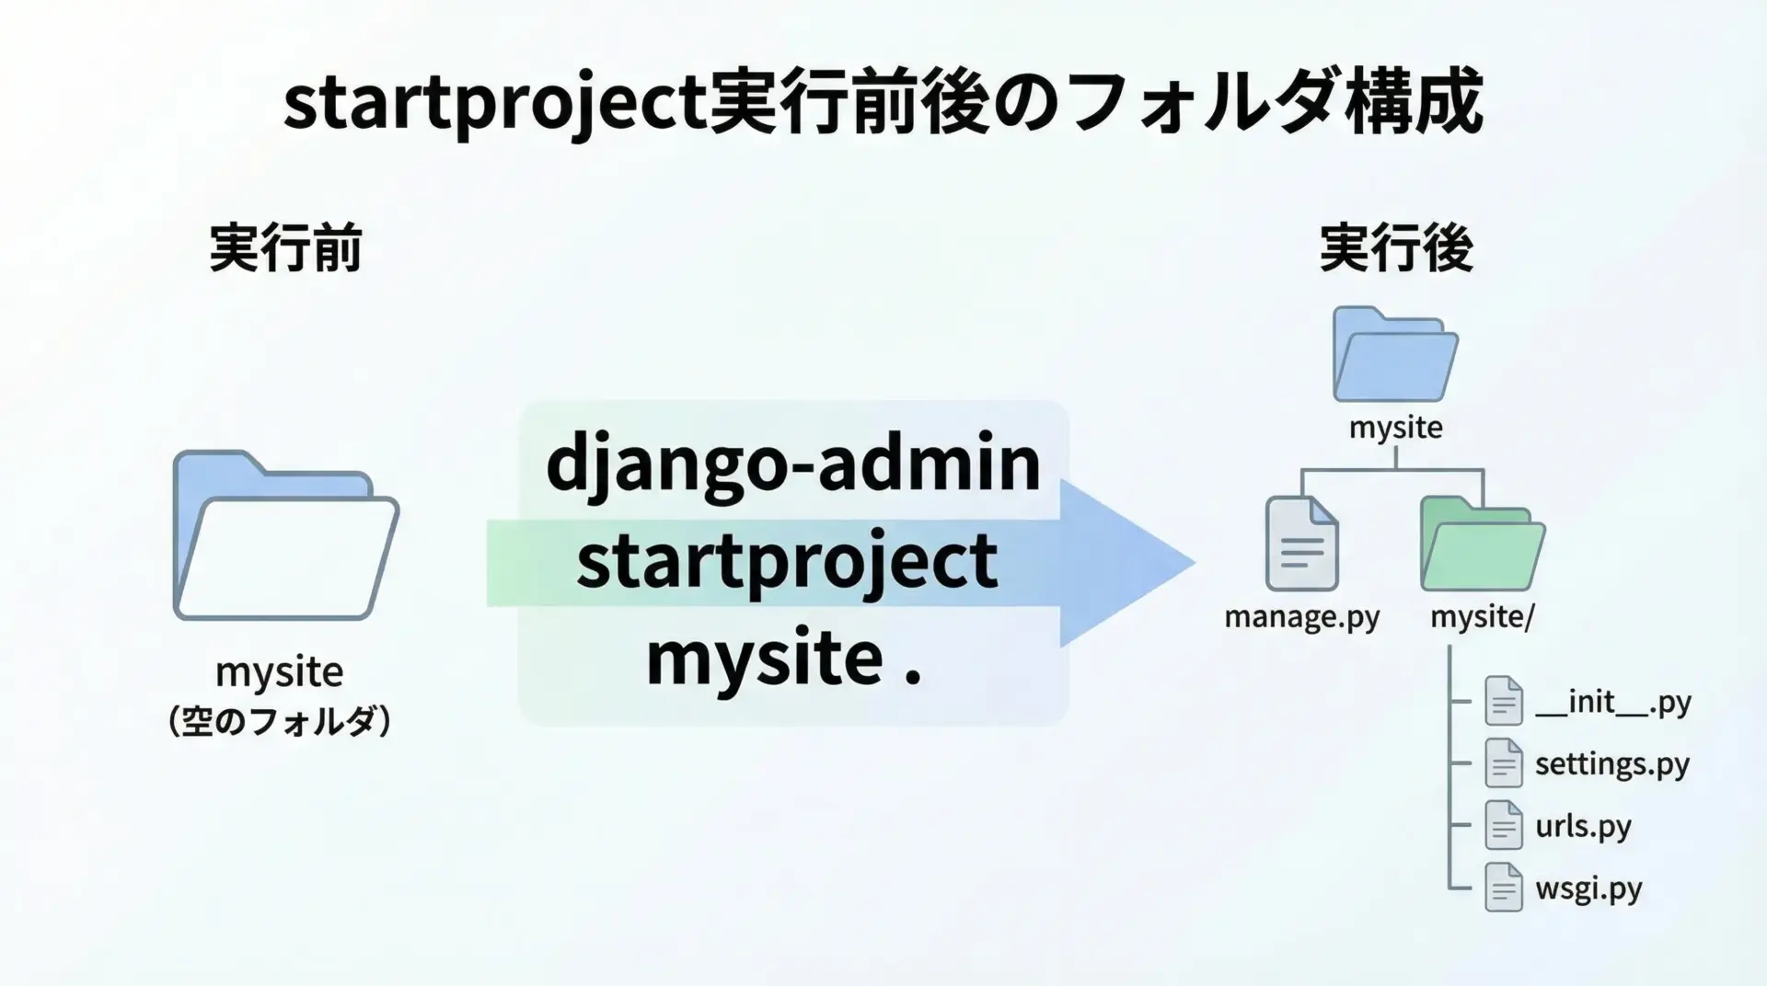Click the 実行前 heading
pos(285,248)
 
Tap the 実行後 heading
pos(1396,248)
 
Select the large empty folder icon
pos(286,535)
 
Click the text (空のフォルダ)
pos(280,721)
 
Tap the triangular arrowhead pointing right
pos(1127,563)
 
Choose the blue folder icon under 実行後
pos(1395,354)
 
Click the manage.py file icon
pos(1301,544)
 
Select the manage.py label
pos(1301,617)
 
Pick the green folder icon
pos(1482,544)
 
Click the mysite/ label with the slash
pos(1482,617)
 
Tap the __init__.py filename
pos(1613,703)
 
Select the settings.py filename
pos(1612,764)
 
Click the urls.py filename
pos(1583,826)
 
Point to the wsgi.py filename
pos(1588,889)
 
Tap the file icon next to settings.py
pos(1504,763)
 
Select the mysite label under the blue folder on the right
pos(1395,428)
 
